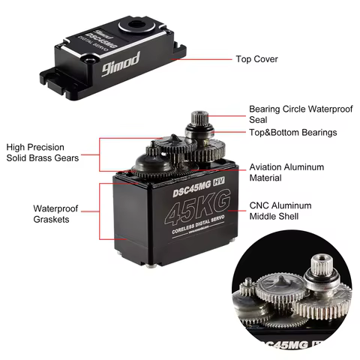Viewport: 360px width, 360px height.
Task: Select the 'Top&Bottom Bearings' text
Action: (292, 133)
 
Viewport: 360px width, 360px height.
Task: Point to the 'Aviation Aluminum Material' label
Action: (286, 172)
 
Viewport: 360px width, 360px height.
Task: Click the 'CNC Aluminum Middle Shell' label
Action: (285, 211)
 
